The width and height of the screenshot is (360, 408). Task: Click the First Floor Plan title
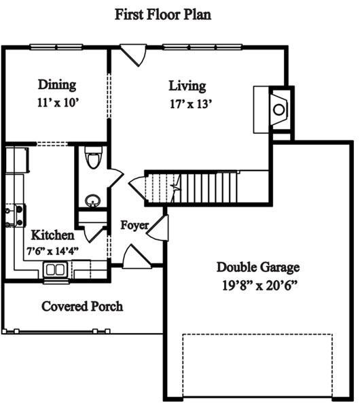click(x=163, y=14)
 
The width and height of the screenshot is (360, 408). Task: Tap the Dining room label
click(x=57, y=85)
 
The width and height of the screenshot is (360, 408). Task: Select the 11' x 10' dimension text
click(x=58, y=103)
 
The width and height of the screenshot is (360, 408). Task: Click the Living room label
click(x=187, y=86)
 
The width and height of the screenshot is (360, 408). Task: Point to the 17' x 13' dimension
click(x=191, y=104)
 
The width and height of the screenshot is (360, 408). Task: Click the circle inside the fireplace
click(x=279, y=109)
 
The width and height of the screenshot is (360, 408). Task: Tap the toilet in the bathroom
click(x=93, y=158)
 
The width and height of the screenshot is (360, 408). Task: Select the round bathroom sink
click(x=93, y=201)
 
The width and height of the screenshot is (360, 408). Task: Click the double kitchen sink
click(x=56, y=269)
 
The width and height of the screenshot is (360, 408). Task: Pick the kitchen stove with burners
click(x=16, y=216)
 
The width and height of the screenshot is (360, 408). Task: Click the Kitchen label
click(x=53, y=235)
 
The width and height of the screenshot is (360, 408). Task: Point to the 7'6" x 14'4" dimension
click(x=53, y=251)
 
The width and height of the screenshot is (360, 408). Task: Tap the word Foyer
click(x=134, y=225)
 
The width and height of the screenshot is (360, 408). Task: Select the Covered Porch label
click(x=82, y=306)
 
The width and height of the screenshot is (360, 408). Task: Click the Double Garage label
click(x=258, y=267)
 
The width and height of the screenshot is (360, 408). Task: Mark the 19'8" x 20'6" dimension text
click(x=259, y=286)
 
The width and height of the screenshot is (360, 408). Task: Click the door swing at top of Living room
click(x=134, y=55)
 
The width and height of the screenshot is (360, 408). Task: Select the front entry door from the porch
click(x=137, y=256)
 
